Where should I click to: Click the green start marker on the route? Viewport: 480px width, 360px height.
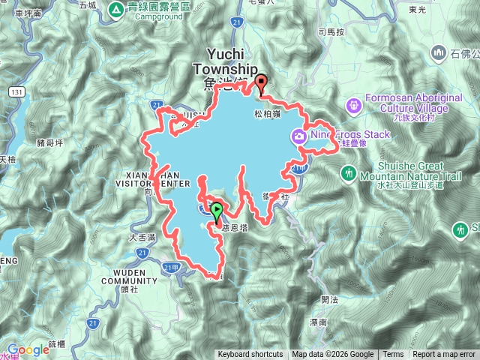(x=217, y=211)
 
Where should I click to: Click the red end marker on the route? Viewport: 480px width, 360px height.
(x=261, y=82)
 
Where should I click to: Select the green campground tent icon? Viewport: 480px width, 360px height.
(x=116, y=10)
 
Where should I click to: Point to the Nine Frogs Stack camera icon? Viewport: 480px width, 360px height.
(x=298, y=135)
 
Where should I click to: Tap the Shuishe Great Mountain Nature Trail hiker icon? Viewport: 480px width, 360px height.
(x=348, y=173)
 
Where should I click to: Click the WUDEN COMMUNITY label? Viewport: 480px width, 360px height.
(x=125, y=277)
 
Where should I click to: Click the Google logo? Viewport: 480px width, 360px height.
(x=28, y=349)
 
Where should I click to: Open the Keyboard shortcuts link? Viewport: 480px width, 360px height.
(x=250, y=355)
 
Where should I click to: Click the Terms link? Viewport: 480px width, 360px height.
(x=393, y=355)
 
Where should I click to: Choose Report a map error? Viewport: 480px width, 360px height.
(x=445, y=355)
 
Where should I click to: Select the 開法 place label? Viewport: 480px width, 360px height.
(x=329, y=299)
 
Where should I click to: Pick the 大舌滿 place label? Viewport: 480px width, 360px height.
(x=141, y=237)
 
